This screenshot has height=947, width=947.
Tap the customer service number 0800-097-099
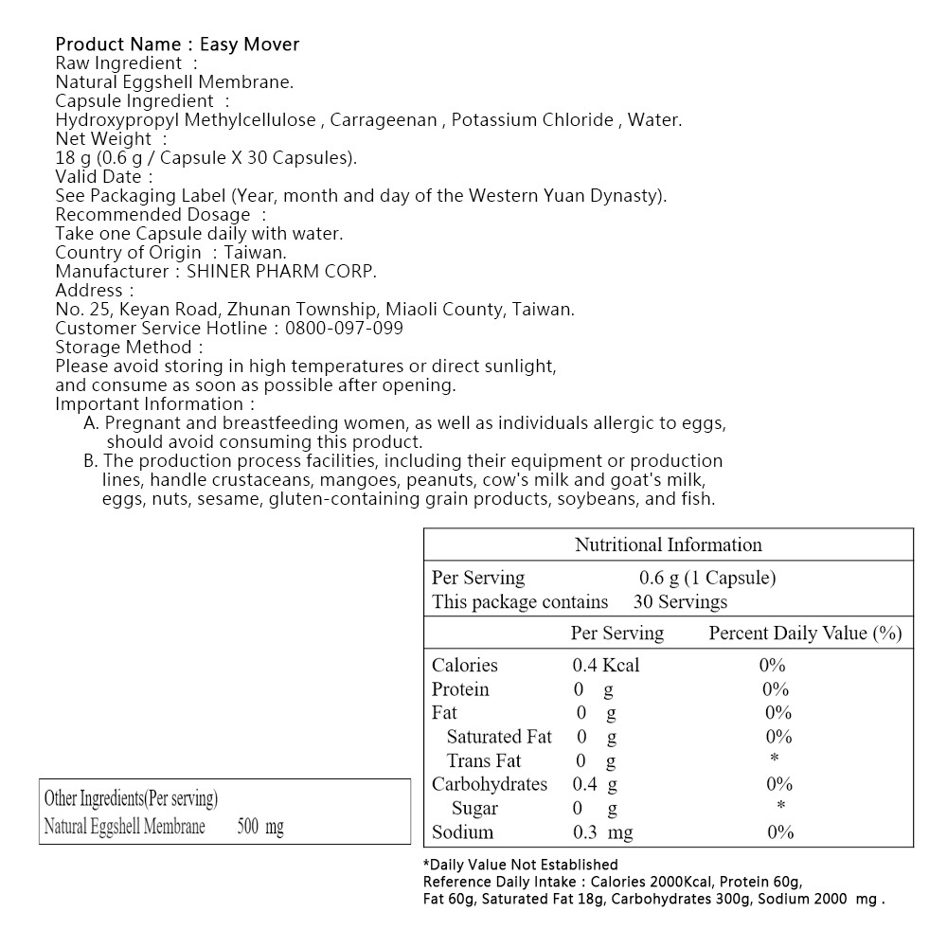(342, 329)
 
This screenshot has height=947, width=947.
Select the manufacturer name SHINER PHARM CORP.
(282, 272)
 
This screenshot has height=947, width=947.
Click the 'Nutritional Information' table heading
(668, 545)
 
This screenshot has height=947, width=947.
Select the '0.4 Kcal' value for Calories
(605, 666)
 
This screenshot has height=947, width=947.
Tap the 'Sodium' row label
(462, 832)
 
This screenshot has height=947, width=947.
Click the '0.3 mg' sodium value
(602, 832)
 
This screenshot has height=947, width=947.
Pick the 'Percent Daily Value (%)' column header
(805, 633)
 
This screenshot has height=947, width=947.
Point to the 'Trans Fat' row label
(484, 760)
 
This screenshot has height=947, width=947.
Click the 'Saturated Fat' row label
(499, 737)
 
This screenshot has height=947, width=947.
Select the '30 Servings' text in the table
(680, 601)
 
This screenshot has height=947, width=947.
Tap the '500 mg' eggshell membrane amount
(260, 827)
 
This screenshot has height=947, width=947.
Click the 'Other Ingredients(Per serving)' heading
(131, 799)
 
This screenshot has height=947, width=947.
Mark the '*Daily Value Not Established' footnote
(520, 865)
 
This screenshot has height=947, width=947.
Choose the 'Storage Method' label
(124, 348)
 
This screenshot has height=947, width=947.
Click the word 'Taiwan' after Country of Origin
(255, 253)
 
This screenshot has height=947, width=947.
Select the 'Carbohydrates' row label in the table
(490, 784)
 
